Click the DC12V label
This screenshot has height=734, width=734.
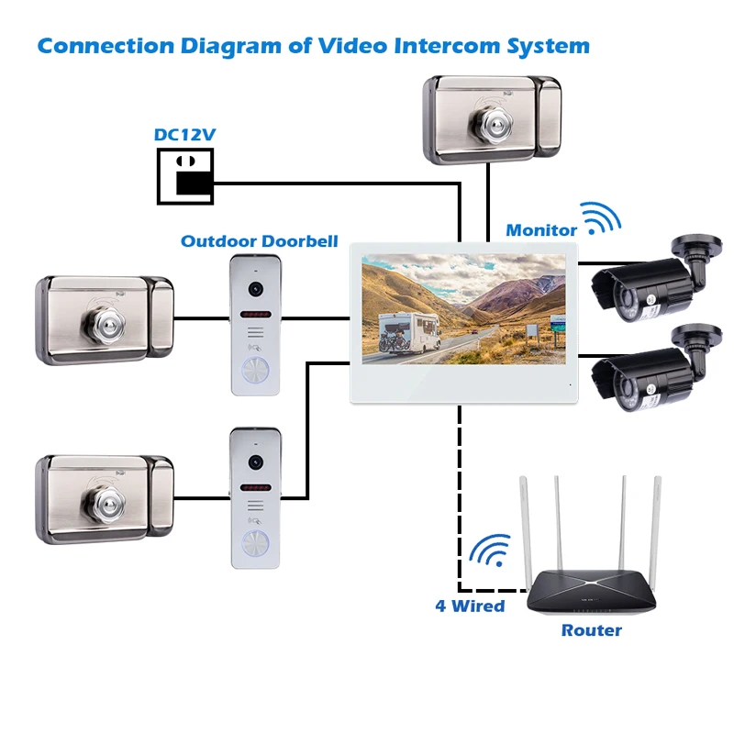point(184,135)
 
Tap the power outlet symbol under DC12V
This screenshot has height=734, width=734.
point(185,176)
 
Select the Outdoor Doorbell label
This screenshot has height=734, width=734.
point(260,241)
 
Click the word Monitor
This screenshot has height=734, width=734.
point(541,230)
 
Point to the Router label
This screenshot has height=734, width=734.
point(591,630)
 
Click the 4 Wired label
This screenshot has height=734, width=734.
point(470,606)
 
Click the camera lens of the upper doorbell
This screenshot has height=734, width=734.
point(255,289)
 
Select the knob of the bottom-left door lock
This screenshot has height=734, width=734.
point(104,503)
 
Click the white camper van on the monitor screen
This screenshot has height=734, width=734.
point(408,332)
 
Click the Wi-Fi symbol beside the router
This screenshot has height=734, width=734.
point(490,550)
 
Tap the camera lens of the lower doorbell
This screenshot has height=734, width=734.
point(255,462)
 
